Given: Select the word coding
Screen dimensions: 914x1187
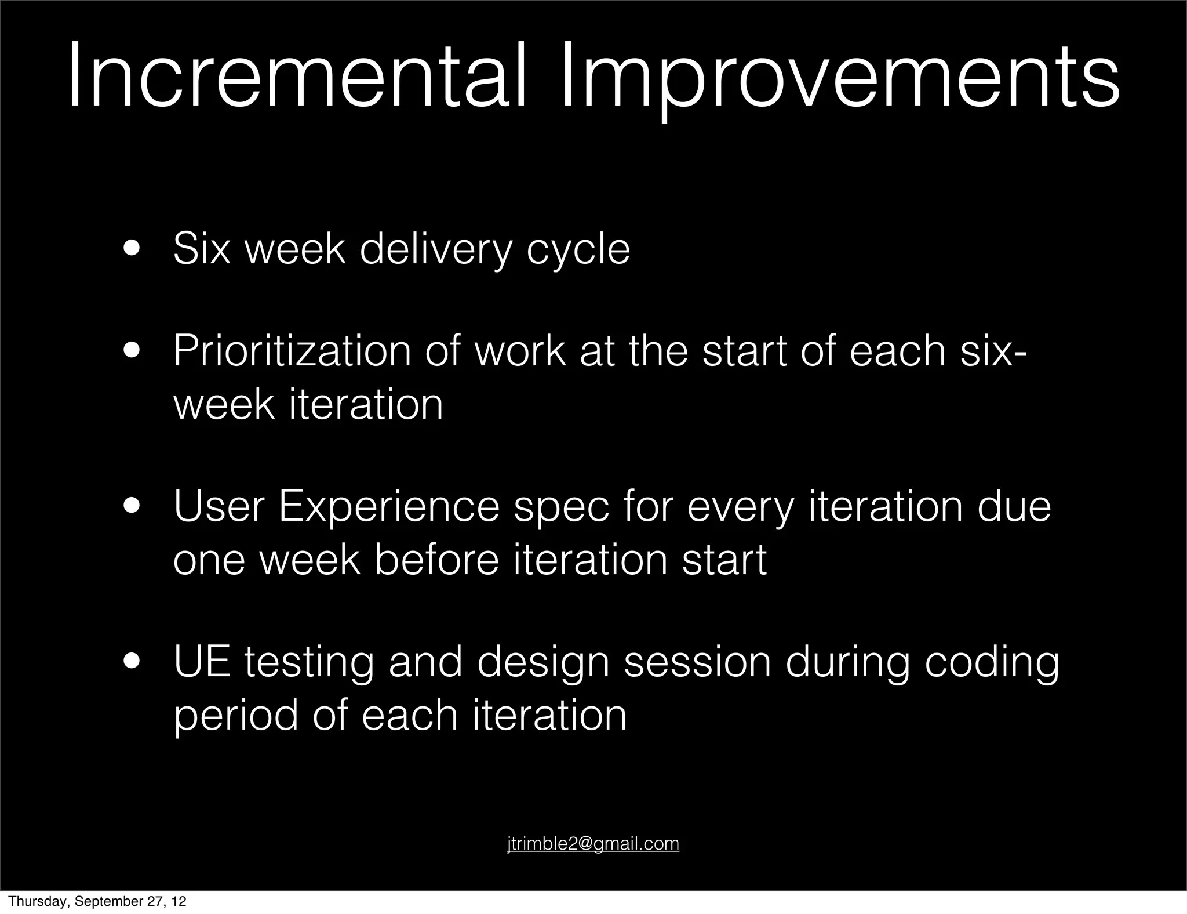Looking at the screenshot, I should click(991, 663).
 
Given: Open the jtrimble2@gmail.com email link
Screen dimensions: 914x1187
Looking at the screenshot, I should click(593, 843).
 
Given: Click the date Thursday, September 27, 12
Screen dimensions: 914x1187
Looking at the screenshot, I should click(97, 901).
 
